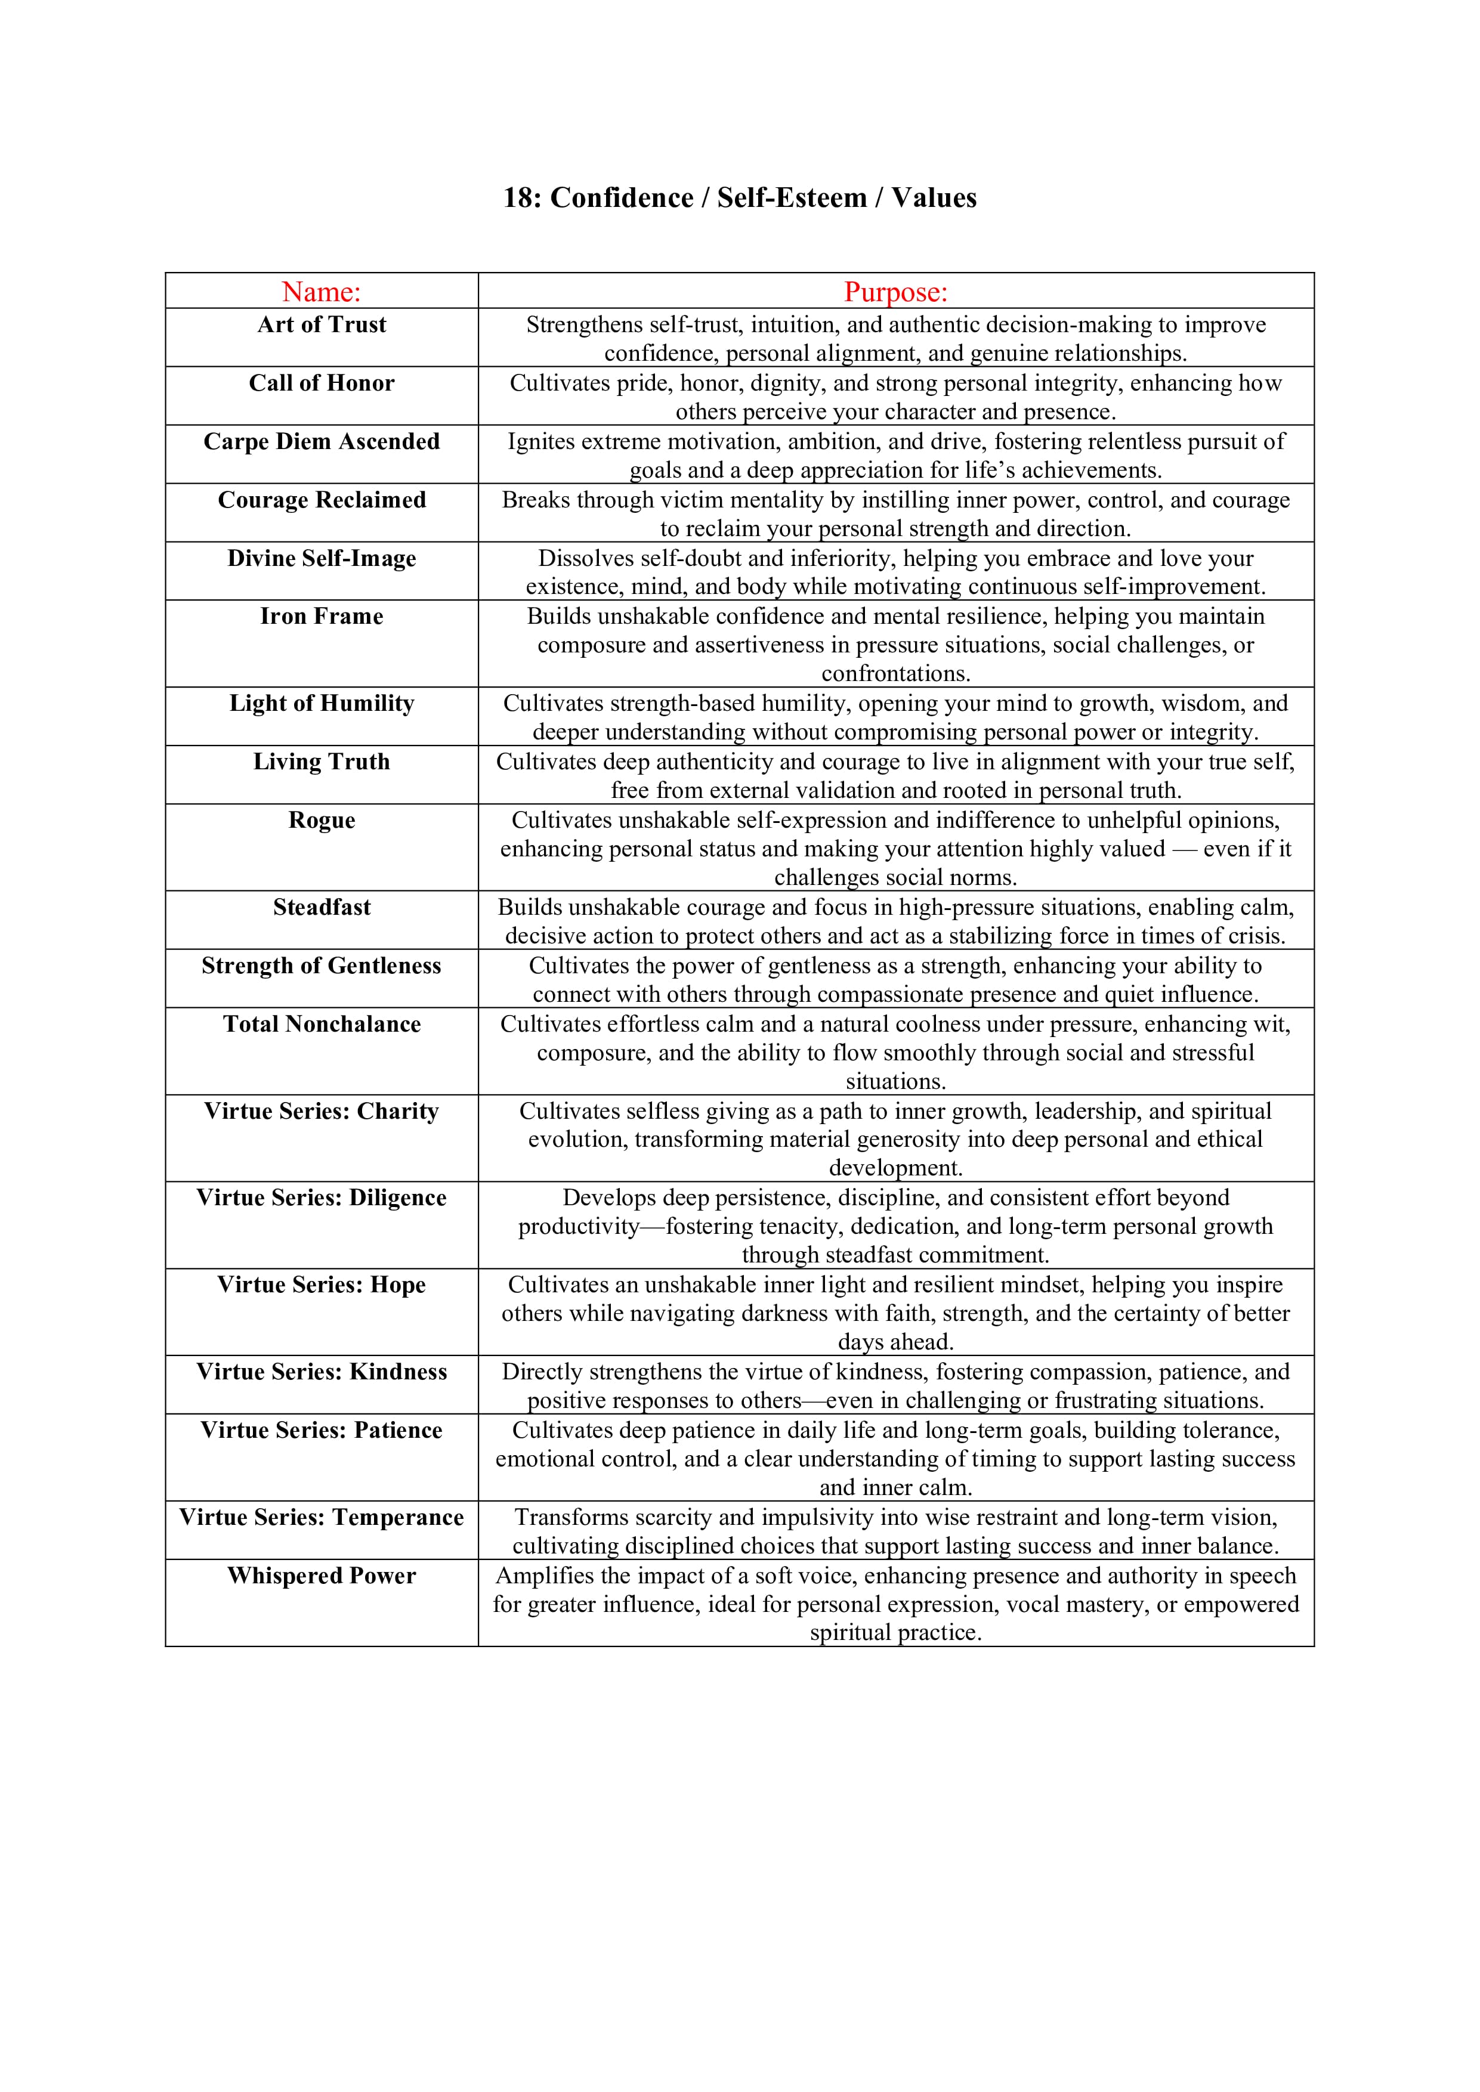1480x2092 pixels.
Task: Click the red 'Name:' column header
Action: [321, 292]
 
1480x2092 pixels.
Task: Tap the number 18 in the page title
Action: [520, 198]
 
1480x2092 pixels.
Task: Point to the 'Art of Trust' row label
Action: [321, 325]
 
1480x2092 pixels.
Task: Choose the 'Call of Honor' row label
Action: [321, 383]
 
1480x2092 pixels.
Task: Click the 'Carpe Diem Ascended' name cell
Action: [321, 442]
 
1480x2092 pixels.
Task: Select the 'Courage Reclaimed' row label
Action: [321, 500]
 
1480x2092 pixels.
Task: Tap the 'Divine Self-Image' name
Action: [321, 559]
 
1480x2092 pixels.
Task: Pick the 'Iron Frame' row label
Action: [321, 617]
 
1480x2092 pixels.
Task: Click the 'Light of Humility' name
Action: [321, 704]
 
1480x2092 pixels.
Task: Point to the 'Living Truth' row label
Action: [321, 762]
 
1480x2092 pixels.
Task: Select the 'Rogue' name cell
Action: [321, 820]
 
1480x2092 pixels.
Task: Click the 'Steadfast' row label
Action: [321, 908]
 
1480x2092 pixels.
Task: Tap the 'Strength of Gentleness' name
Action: [321, 966]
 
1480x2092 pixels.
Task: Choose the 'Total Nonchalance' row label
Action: [321, 1024]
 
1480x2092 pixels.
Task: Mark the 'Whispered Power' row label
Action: [321, 1576]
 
